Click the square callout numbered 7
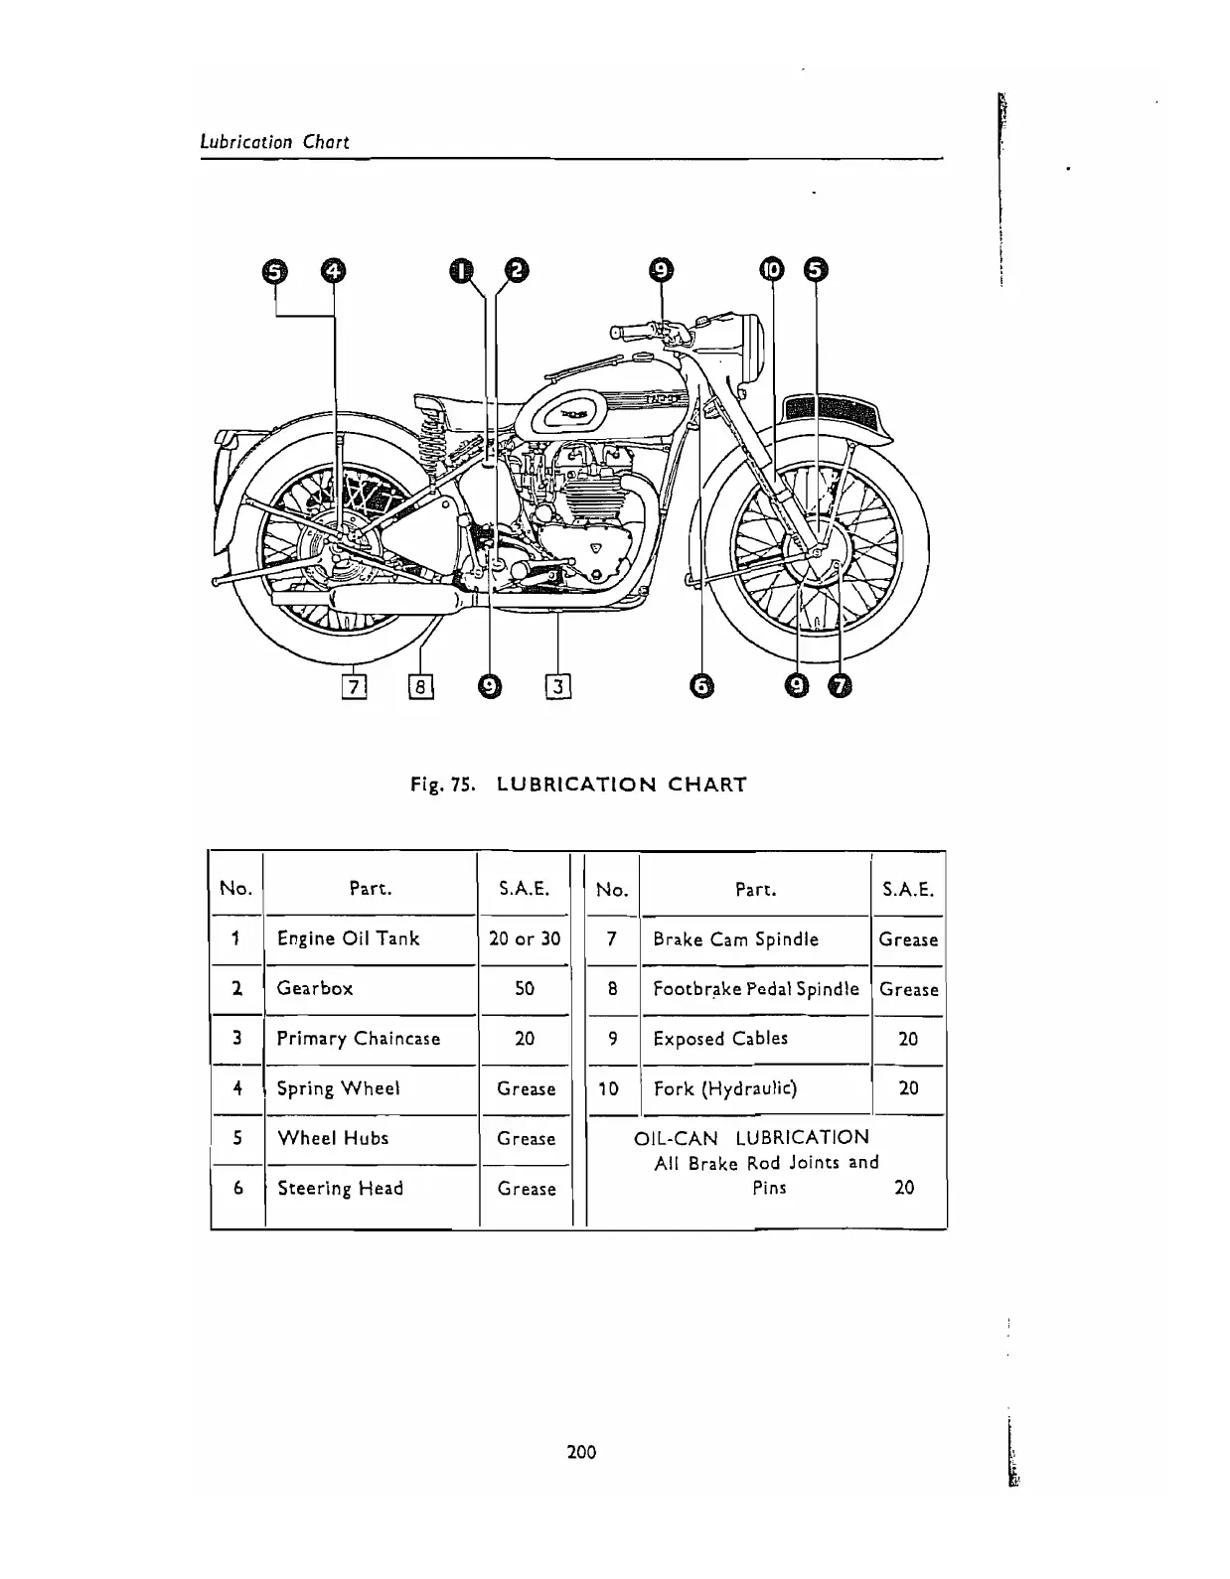pyautogui.click(x=355, y=686)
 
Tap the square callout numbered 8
pyautogui.click(x=420, y=686)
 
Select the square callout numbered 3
pyautogui.click(x=558, y=686)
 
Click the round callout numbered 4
pyautogui.click(x=334, y=271)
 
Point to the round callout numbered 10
pyautogui.click(x=772, y=270)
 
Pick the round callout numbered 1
pyautogui.click(x=460, y=271)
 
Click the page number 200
pyautogui.click(x=581, y=1452)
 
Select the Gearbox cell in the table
pyautogui.click(x=315, y=988)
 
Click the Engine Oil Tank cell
pyautogui.click(x=348, y=938)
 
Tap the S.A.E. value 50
pyautogui.click(x=525, y=988)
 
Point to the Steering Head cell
pyautogui.click(x=340, y=1188)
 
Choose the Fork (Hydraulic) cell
pyautogui.click(x=725, y=1088)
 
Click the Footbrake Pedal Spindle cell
pyautogui.click(x=755, y=989)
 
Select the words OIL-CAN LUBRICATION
pyautogui.click(x=751, y=1137)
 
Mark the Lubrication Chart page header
pyautogui.click(x=274, y=141)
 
